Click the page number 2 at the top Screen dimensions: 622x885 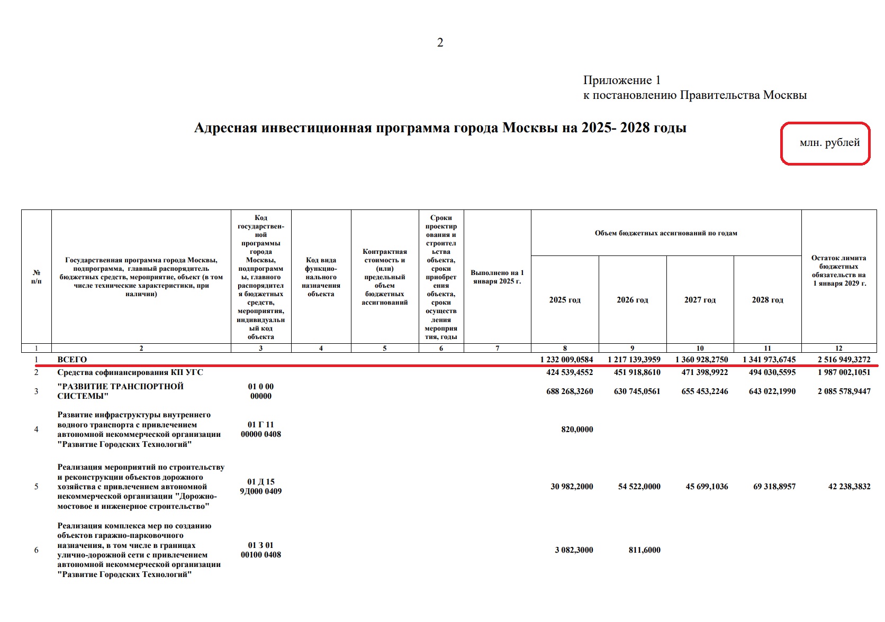(440, 43)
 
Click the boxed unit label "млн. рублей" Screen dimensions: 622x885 (829, 143)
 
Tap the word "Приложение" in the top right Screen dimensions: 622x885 (617, 80)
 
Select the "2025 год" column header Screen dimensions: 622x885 (565, 300)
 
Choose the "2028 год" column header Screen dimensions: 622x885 (767, 300)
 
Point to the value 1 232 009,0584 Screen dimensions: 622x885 (566, 360)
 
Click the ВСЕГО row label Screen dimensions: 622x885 (72, 360)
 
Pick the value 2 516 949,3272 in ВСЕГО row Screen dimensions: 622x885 (844, 360)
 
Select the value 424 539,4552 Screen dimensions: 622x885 (570, 372)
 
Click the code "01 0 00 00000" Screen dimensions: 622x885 (261, 391)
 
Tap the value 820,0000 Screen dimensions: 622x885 (577, 429)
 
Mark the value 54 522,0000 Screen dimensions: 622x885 (639, 487)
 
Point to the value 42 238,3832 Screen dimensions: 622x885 (849, 487)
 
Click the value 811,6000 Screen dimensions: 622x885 (644, 550)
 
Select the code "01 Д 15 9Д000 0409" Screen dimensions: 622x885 (261, 487)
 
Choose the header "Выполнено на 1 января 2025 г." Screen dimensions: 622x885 (497, 277)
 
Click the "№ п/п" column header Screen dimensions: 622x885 (37, 277)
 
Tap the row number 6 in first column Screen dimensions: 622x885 (37, 550)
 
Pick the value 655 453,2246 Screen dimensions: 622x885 (705, 391)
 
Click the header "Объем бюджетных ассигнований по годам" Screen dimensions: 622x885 (666, 233)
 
